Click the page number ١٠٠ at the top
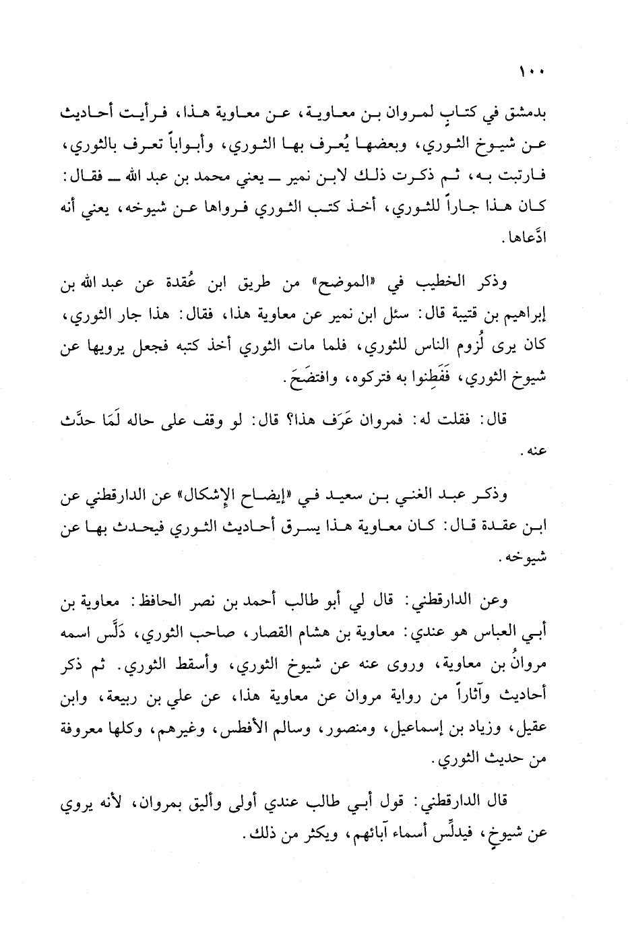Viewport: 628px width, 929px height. click(x=532, y=71)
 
